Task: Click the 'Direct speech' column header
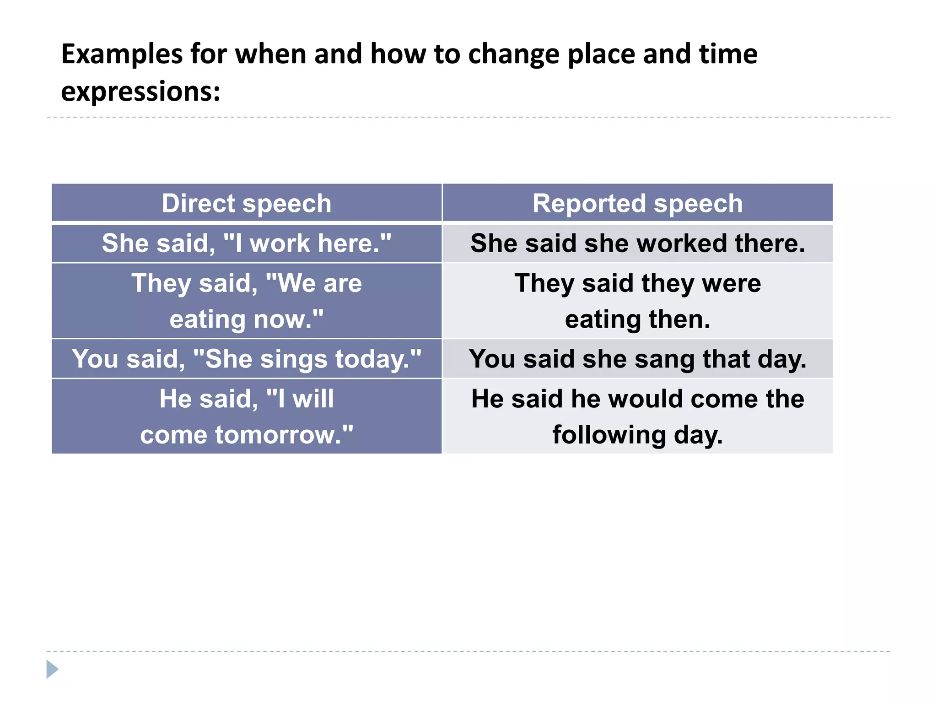[247, 203]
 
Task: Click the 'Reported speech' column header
[637, 203]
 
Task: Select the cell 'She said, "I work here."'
[247, 243]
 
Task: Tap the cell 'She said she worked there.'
[637, 243]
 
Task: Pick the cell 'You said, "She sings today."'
[247, 359]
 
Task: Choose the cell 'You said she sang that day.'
[637, 359]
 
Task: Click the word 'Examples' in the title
[121, 54]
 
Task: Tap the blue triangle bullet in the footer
[52, 669]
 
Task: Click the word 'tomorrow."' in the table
[284, 435]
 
